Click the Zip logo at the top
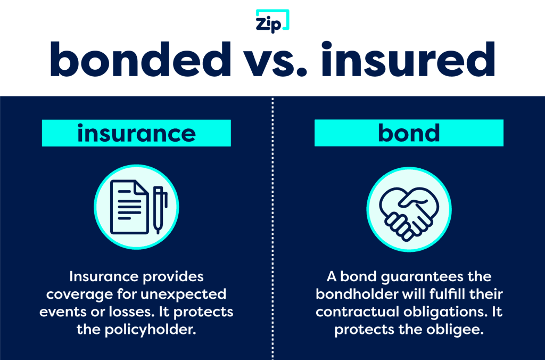[272, 21]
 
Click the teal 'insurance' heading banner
[136, 133]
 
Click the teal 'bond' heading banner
[409, 133]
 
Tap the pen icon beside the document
[159, 209]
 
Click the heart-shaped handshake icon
[408, 207]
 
